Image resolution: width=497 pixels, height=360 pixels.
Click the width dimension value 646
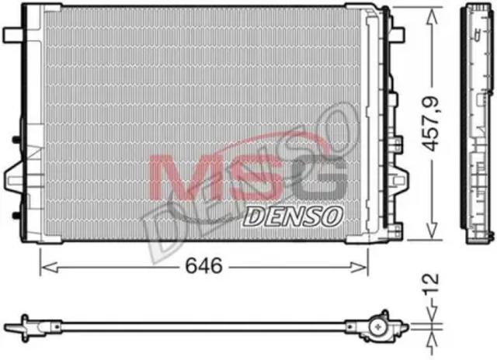tap(203, 265)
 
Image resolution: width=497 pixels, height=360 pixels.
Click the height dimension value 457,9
tap(430, 123)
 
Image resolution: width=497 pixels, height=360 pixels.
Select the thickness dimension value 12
tap(431, 282)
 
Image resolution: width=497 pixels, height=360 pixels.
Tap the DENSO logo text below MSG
tap(293, 216)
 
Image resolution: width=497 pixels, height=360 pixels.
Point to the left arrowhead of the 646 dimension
tap(50, 267)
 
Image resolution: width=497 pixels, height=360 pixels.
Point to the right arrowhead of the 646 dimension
tap(359, 267)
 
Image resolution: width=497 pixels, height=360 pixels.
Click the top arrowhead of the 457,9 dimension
tap(432, 16)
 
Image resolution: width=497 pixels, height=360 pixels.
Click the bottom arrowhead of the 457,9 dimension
tap(432, 230)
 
